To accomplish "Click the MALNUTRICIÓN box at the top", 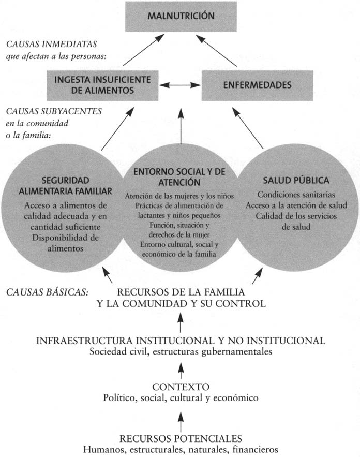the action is (181, 17).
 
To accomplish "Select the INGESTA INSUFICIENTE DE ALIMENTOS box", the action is (102, 85).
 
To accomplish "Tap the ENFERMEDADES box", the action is (257, 85).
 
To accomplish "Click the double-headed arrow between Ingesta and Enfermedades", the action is (180, 85).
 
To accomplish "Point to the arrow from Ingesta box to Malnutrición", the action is (144, 50).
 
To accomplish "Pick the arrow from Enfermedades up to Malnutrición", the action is (216, 50).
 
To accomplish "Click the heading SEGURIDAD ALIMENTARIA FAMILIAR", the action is (66, 186).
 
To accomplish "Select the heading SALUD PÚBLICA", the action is (296, 181).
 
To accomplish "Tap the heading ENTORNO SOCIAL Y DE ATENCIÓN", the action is (179, 177).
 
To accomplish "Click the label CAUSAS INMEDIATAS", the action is (52, 45).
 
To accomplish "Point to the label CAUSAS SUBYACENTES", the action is (54, 111).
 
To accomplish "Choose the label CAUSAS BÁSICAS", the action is (47, 292).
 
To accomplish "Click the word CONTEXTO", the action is (181, 387).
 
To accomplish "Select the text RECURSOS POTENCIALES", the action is (181, 439).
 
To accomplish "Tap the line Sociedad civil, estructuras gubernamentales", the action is (181, 352).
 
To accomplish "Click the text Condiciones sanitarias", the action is (296, 195).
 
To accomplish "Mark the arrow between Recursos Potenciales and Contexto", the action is (181, 422).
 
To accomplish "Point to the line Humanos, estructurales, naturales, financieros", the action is (181, 449).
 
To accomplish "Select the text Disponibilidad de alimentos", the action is (66, 243).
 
